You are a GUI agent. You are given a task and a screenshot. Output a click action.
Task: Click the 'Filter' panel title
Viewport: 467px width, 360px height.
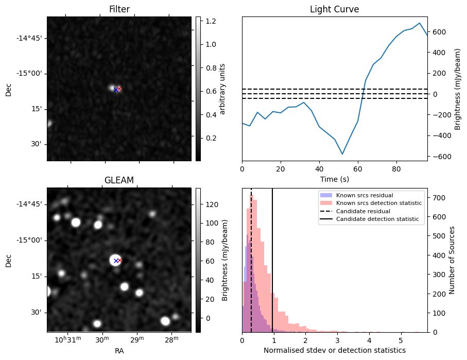pos(119,10)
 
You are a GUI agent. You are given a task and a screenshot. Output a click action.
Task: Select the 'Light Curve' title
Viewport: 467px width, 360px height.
pos(334,10)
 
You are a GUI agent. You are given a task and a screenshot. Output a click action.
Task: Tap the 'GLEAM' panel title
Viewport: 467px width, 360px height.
pos(119,180)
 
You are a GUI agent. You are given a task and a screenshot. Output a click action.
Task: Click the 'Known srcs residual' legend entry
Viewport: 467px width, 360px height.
pos(364,195)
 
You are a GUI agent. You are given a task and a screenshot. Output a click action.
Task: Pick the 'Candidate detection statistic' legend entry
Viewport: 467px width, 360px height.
pos(376,219)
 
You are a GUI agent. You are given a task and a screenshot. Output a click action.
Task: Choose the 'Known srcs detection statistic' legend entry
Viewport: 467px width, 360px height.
pos(378,203)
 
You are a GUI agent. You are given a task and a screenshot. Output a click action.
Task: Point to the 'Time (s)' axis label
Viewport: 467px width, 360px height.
pos(334,179)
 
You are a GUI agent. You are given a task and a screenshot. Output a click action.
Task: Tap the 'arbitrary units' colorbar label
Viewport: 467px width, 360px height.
pos(222,89)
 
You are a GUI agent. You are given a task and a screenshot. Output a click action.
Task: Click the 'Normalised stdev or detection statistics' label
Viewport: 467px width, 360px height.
pos(334,350)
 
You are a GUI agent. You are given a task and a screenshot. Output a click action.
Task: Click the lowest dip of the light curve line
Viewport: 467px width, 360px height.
pos(342,154)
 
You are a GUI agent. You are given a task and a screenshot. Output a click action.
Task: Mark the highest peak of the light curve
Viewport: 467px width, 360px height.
pos(420,23)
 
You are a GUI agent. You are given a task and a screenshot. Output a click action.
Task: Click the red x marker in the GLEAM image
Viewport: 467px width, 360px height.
pos(119,260)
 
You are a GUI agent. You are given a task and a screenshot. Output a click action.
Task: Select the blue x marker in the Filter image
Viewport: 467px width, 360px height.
pos(115,89)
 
